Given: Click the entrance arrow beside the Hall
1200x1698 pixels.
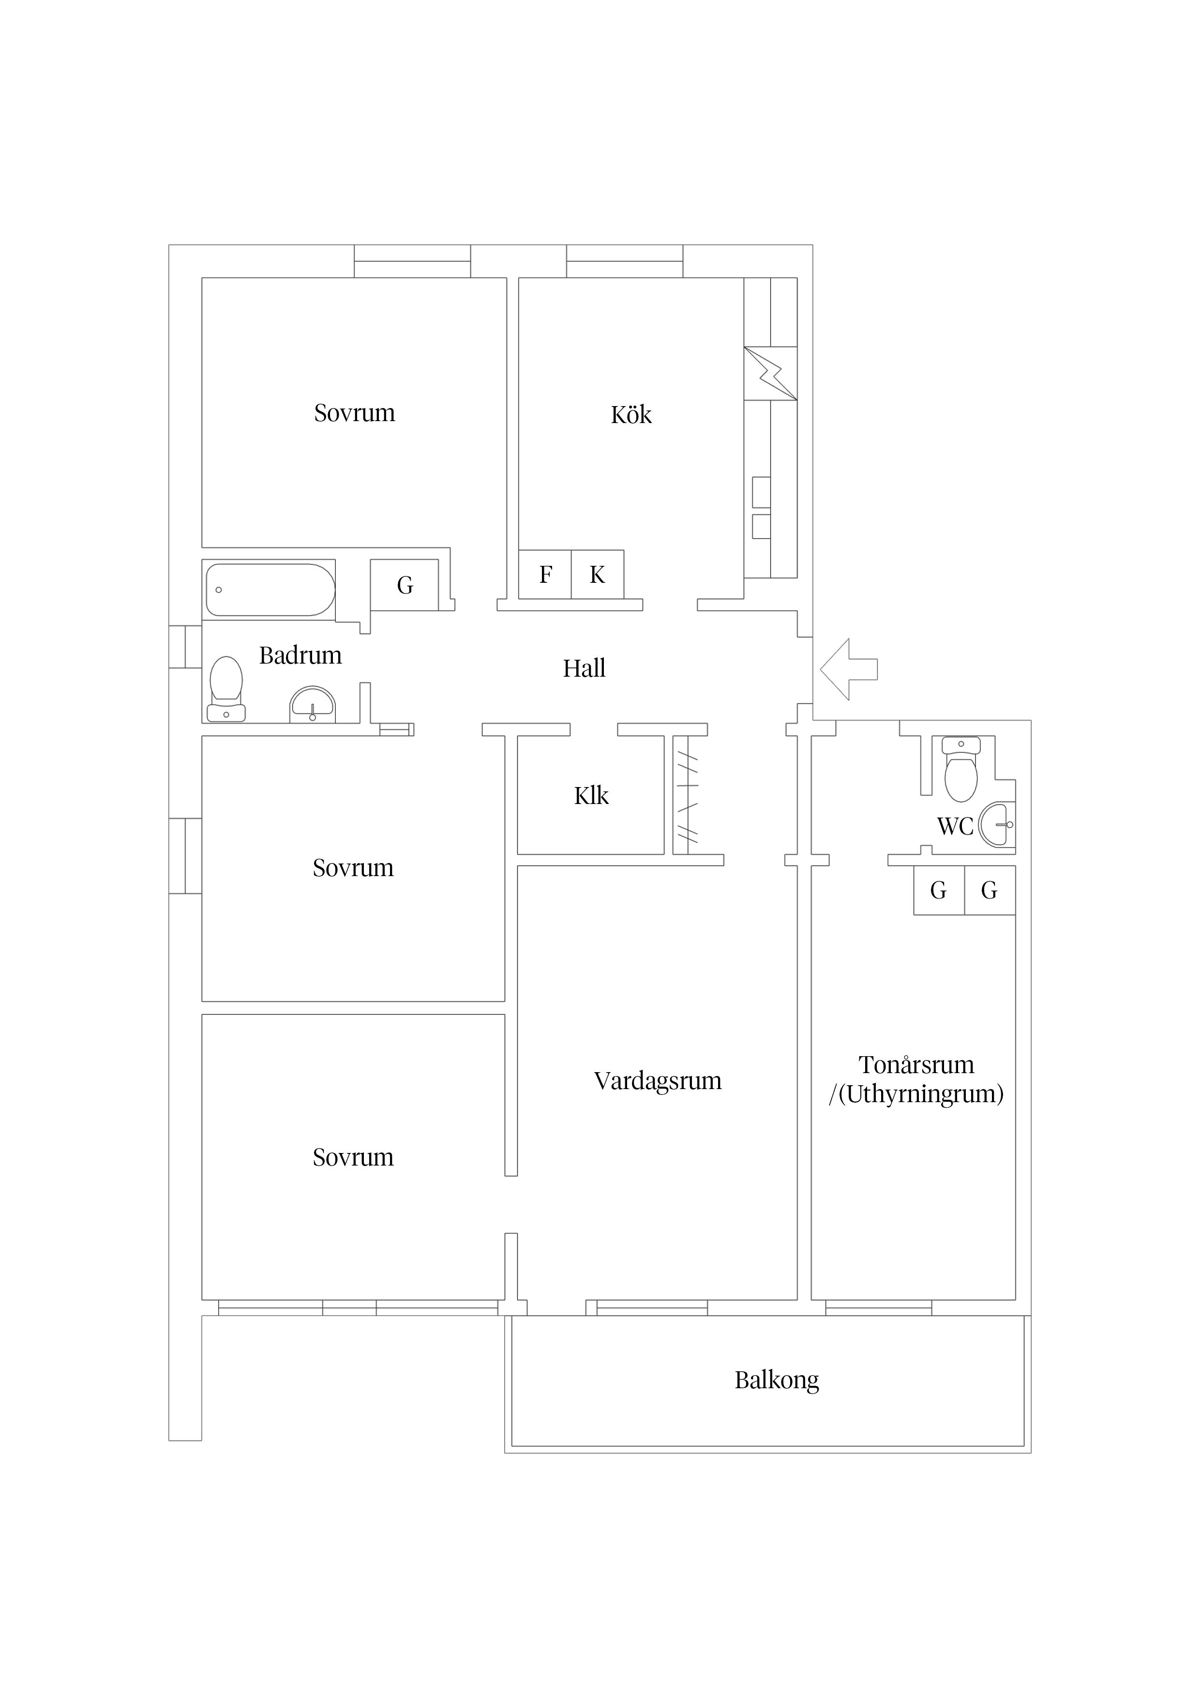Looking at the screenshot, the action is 848,669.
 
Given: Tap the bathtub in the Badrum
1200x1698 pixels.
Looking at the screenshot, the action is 270,590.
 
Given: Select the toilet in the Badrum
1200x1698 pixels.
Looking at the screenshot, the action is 226,688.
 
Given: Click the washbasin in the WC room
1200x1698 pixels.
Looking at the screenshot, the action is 997,825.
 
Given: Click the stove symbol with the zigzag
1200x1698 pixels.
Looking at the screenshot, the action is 770,374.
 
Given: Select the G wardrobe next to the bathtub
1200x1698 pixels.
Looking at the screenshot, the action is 405,585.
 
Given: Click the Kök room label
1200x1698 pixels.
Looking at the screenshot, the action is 631,414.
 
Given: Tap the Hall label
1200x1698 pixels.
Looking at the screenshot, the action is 584,668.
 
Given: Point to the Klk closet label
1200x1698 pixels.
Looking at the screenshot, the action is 591,796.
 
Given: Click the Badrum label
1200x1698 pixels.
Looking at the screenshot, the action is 300,655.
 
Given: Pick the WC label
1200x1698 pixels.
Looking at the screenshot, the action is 955,826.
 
